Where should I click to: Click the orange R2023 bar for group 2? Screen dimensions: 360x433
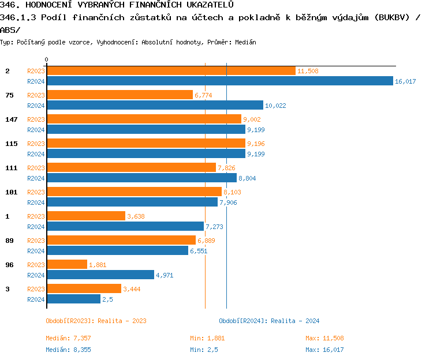click(x=171, y=70)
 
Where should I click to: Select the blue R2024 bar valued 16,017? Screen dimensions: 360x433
click(x=219, y=81)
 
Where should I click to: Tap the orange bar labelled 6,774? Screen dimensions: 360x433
click(x=120, y=95)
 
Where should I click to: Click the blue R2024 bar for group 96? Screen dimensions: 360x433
click(x=100, y=275)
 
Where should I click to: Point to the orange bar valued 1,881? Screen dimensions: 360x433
click(x=67, y=264)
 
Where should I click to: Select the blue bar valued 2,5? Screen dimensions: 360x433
click(x=73, y=299)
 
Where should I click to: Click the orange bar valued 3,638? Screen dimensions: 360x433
click(x=86, y=216)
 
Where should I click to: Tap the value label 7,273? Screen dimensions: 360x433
click(x=215, y=227)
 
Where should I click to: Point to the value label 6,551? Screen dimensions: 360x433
click(x=199, y=251)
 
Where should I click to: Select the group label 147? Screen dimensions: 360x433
click(x=12, y=119)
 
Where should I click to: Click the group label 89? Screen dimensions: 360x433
click(x=10, y=240)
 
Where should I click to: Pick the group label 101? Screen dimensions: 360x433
click(x=12, y=192)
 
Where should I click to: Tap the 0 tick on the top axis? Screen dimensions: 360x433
click(x=47, y=59)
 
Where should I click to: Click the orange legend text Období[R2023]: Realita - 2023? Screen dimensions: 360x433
click(x=96, y=321)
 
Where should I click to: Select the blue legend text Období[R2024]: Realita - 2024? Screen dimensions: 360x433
click(x=269, y=321)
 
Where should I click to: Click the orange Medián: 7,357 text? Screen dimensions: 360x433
click(x=69, y=338)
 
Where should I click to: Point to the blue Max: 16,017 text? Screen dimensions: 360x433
click(x=324, y=350)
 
